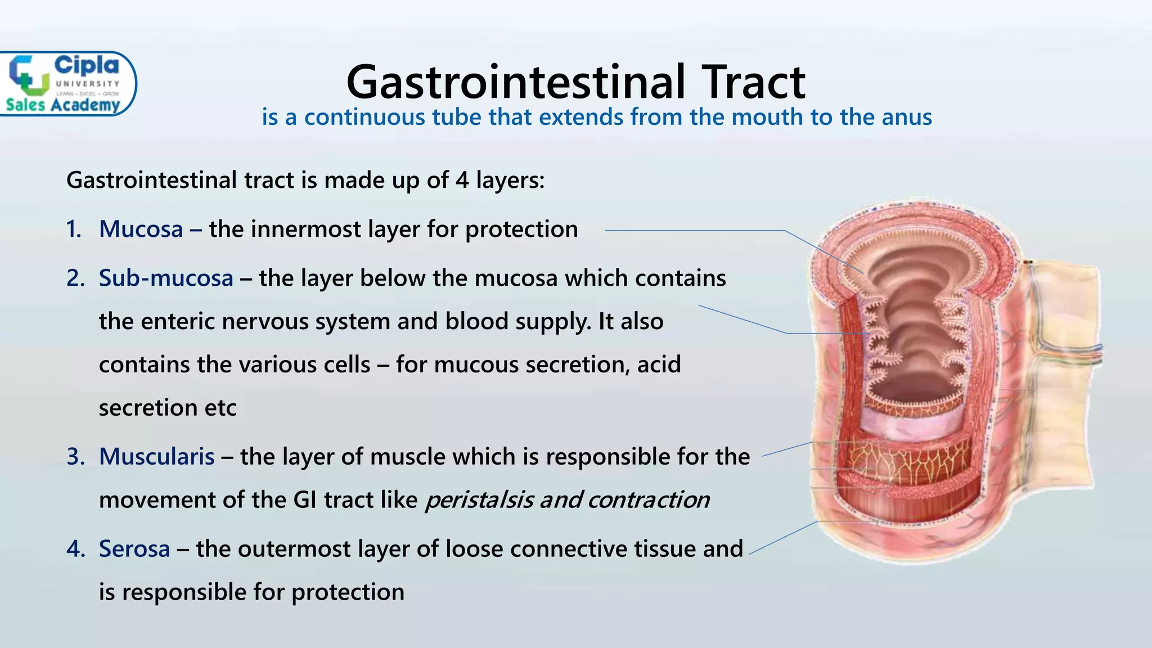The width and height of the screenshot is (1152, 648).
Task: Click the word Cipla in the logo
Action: point(86,66)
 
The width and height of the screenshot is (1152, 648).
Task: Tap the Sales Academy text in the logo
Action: point(63,105)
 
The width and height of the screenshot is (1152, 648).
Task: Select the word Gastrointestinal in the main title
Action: point(516,82)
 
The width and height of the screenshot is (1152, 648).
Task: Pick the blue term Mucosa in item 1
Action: point(141,229)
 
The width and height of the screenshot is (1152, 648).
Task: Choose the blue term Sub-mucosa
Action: point(166,278)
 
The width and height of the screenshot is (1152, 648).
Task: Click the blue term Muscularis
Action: point(156,457)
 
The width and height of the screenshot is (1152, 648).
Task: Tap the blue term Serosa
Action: point(134,549)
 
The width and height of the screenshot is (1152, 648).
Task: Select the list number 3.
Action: point(75,457)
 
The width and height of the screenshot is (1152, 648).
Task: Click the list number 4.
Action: point(75,549)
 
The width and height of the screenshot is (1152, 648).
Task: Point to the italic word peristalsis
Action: point(479,500)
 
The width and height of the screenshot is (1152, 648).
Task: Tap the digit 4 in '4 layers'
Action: point(462,181)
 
